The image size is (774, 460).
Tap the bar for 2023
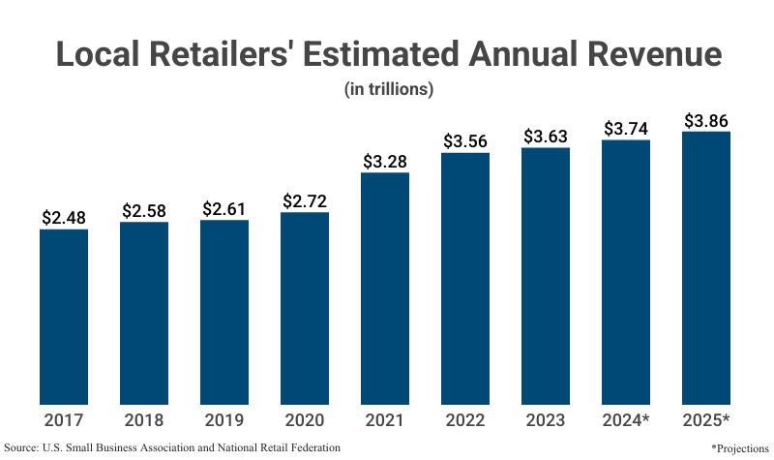(546, 275)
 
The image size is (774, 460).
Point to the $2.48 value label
(64, 217)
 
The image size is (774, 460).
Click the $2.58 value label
(144, 210)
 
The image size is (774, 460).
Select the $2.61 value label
(224, 208)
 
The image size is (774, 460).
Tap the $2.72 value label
(305, 201)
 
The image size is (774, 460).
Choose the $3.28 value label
(385, 161)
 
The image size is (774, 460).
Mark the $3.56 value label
(465, 140)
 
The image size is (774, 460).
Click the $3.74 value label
(626, 128)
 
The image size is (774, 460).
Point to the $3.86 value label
(706, 120)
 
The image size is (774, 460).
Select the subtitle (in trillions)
(387, 89)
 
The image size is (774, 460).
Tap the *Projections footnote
(739, 448)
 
